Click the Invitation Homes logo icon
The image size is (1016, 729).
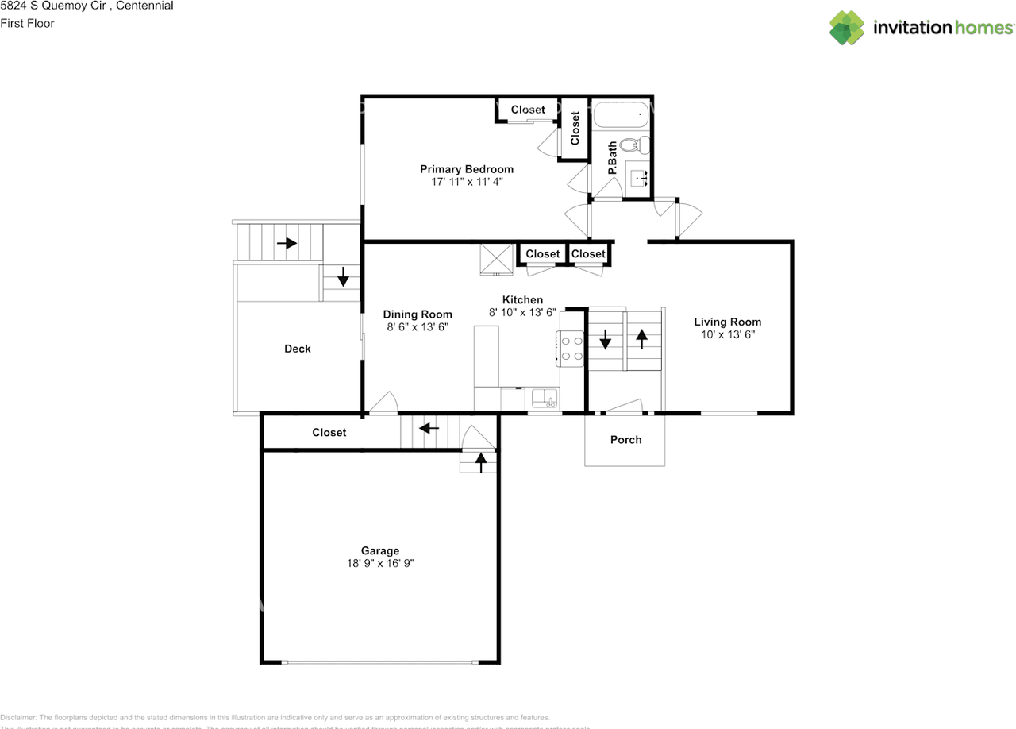click(x=846, y=28)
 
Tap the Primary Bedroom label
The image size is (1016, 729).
click(x=466, y=169)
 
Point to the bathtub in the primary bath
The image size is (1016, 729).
click(x=622, y=116)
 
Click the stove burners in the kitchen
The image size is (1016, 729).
click(x=571, y=349)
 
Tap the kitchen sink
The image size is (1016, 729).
click(x=545, y=396)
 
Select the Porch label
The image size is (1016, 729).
click(x=625, y=439)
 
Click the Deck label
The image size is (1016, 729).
click(x=298, y=349)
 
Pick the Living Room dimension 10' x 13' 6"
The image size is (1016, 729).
click(x=727, y=334)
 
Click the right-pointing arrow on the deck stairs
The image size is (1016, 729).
click(x=287, y=243)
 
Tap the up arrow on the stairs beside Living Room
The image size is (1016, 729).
click(x=641, y=338)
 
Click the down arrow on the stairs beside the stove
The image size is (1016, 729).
click(x=606, y=340)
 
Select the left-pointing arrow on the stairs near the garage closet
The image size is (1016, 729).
click(x=429, y=428)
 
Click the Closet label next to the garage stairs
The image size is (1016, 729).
click(x=329, y=432)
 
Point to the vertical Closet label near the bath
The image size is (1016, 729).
click(x=575, y=128)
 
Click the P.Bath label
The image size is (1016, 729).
click(x=612, y=158)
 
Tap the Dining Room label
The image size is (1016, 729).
click(x=418, y=314)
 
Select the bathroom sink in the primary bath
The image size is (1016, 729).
click(x=639, y=176)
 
